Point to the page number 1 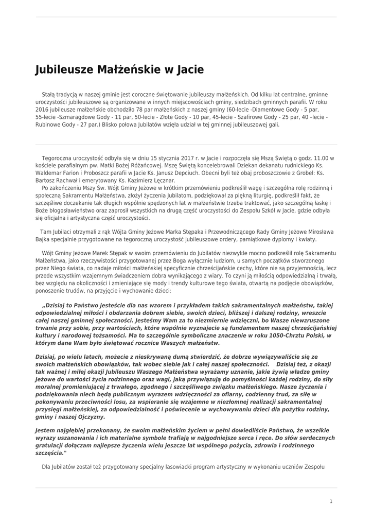(x=331, y=501)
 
